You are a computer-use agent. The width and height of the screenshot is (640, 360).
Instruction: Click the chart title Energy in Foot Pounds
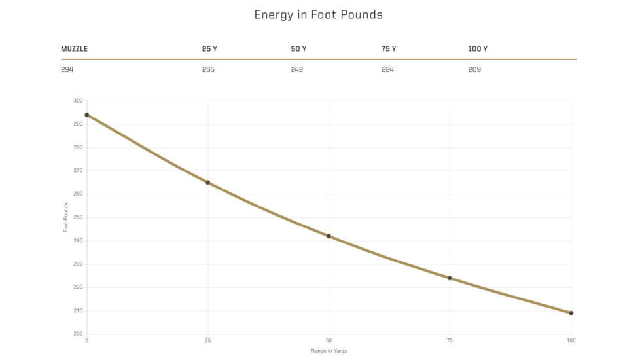(319, 14)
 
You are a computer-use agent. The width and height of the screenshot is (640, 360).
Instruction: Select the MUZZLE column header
(75, 49)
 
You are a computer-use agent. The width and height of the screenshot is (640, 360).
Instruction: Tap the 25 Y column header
(209, 49)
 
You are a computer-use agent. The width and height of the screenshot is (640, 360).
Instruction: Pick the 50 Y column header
(298, 49)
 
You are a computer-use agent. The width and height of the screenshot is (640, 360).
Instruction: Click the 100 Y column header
(478, 49)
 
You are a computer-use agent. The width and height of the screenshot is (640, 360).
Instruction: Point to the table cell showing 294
(67, 69)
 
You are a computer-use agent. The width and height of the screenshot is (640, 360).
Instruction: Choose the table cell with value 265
(208, 69)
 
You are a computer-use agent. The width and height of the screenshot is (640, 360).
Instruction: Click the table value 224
(387, 69)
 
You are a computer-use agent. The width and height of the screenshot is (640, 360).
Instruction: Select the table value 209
(474, 69)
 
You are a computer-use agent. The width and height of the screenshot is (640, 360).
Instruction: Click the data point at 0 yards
(86, 115)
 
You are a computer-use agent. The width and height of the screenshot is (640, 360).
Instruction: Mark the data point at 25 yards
(207, 183)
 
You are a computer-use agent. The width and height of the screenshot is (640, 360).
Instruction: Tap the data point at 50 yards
(329, 236)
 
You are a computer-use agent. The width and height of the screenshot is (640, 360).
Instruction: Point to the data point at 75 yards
(450, 278)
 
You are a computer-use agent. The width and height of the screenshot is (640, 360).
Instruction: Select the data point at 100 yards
(571, 313)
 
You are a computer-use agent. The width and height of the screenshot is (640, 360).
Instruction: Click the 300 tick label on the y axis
(78, 101)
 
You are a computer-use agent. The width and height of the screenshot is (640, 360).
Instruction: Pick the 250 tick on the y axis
(78, 217)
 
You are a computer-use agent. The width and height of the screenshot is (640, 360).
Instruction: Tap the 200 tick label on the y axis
(78, 334)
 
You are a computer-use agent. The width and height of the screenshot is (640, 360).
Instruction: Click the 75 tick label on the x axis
(450, 341)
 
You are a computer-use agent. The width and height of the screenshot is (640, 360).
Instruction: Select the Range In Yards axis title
(329, 351)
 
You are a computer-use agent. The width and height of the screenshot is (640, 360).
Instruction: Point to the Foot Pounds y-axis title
(65, 217)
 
